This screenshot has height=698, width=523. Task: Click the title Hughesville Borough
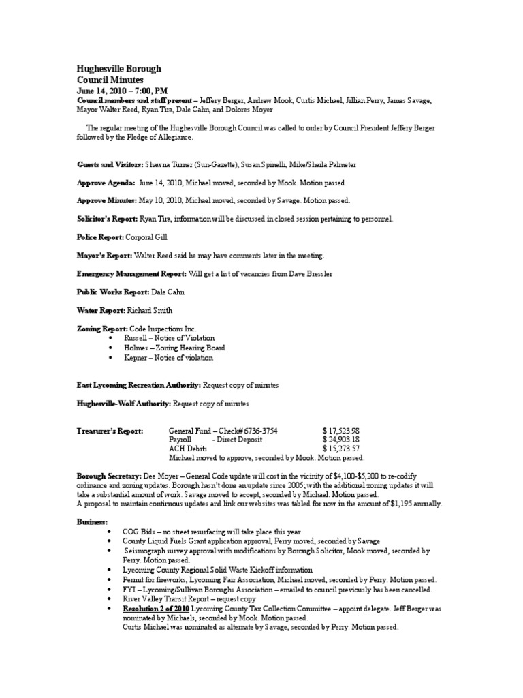pyautogui.click(x=118, y=70)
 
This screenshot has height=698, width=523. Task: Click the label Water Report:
pyautogui.click(x=99, y=310)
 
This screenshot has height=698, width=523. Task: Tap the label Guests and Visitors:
pyautogui.click(x=109, y=165)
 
